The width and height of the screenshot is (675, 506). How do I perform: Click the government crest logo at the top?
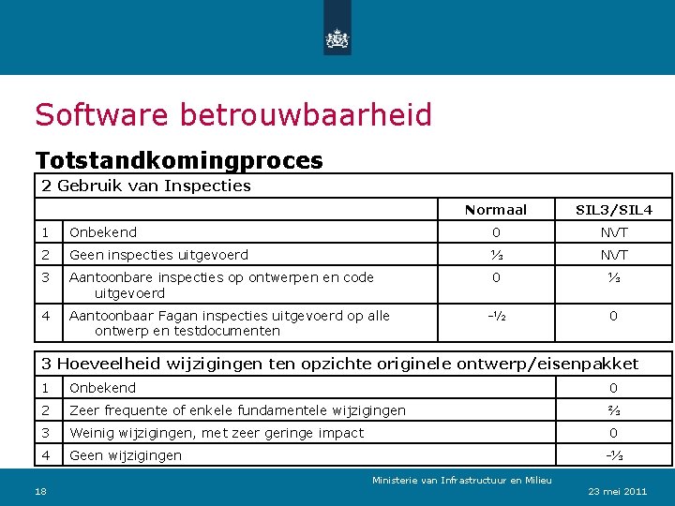pos(337,37)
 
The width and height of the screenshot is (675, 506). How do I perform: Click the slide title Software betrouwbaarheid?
pos(233,115)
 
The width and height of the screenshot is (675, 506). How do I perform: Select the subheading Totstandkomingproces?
pos(179,160)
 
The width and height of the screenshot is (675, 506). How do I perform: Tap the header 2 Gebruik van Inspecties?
pos(145,186)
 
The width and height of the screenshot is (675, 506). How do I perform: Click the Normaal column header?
pos(496,210)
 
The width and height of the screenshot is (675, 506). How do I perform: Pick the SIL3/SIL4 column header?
pos(613,210)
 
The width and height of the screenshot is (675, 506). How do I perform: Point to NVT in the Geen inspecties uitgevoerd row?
pos(613,255)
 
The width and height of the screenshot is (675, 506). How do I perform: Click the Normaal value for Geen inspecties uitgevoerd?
pos(496,255)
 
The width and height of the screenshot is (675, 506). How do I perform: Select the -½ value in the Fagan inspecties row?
pos(496,316)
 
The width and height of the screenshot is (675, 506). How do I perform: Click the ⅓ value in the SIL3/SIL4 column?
pos(613,277)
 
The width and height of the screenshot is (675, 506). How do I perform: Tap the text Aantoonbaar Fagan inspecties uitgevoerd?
pos(229,316)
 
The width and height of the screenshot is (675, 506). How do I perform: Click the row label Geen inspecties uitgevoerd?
pos(158,255)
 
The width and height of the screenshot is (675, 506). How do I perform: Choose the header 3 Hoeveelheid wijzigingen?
pos(337,364)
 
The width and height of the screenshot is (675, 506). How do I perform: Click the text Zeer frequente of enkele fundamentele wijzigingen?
pos(237,410)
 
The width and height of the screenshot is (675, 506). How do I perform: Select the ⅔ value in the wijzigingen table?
pos(613,410)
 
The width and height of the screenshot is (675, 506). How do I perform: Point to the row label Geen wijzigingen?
pos(126,455)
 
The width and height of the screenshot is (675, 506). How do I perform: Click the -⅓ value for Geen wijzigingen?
pos(613,455)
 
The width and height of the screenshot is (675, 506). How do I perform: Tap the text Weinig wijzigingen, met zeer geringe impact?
pos(216,433)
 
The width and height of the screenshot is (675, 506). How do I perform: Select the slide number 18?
pos(41,491)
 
